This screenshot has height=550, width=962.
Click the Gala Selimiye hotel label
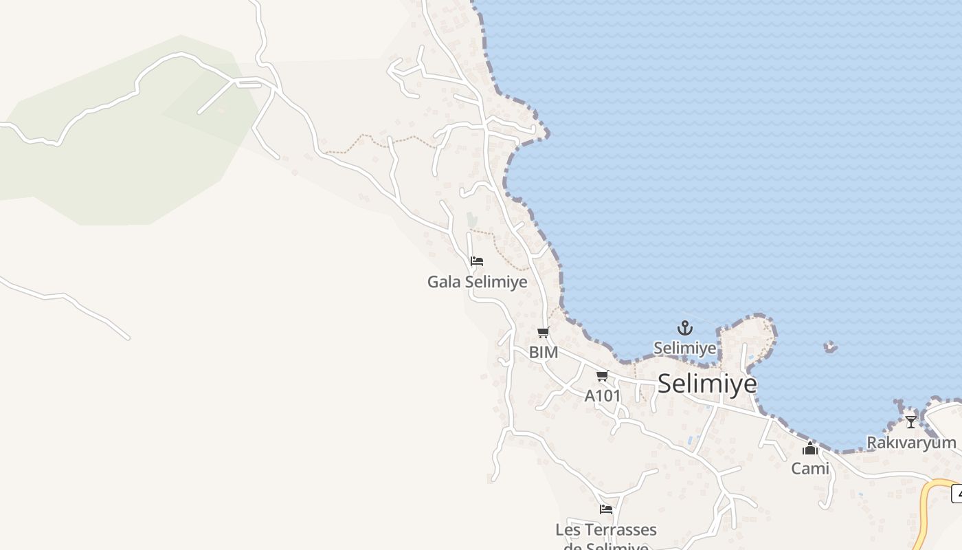[477, 282]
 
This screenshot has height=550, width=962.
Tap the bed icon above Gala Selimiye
[477, 261]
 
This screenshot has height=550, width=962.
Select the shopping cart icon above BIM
[543, 333]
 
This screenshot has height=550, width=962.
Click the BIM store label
[543, 353]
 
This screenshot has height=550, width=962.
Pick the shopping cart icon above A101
[603, 376]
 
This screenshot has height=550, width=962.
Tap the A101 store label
[603, 396]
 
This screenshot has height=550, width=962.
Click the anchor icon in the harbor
[684, 328]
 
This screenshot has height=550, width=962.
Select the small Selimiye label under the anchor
[684, 348]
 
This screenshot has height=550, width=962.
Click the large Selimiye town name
[707, 384]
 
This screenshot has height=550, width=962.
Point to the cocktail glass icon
[911, 421]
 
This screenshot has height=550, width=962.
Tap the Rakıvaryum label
[911, 443]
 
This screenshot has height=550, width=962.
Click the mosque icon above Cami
[810, 448]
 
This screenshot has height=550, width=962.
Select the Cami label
[810, 469]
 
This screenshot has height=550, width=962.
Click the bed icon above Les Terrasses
[605, 509]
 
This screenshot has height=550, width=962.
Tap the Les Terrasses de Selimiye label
[605, 531]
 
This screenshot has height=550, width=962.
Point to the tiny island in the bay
[831, 347]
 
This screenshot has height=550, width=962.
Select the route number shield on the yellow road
[957, 493]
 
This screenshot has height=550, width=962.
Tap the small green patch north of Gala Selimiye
[471, 220]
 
